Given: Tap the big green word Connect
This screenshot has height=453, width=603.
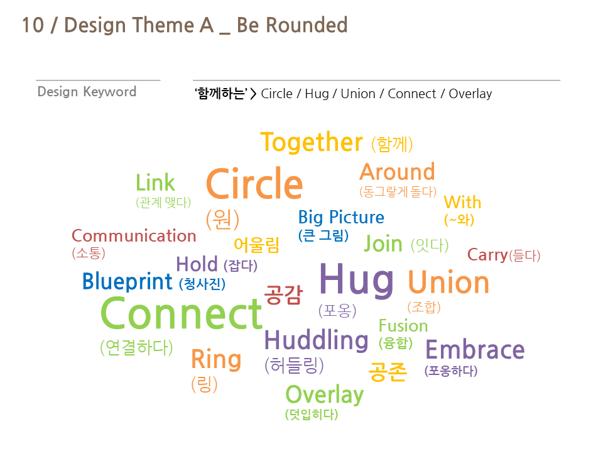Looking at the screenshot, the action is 181,313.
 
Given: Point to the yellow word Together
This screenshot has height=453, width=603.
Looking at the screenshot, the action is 312,143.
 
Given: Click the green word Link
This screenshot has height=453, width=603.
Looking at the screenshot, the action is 155,182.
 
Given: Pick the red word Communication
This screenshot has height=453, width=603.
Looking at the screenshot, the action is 134,236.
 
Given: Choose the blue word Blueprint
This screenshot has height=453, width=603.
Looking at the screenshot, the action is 127,282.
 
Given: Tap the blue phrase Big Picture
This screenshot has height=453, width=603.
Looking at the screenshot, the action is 341,218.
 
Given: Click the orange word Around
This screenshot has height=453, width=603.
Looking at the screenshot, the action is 397,172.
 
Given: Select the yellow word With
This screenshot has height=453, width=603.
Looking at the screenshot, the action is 463,202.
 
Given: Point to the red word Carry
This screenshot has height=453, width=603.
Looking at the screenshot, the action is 487,255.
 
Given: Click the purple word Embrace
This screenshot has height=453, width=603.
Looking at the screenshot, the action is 475,350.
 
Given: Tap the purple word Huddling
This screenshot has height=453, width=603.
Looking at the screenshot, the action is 316,340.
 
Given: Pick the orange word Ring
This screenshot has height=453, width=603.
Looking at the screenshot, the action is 216,360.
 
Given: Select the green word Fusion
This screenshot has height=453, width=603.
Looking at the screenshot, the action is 403,326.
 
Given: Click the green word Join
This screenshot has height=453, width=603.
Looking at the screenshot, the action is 383,244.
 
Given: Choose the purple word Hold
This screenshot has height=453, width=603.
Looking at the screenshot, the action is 197,264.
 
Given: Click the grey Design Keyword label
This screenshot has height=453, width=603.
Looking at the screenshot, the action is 87,92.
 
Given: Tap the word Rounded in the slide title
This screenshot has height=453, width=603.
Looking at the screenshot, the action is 307,25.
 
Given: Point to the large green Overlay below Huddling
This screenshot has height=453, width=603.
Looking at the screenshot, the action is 325,395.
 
